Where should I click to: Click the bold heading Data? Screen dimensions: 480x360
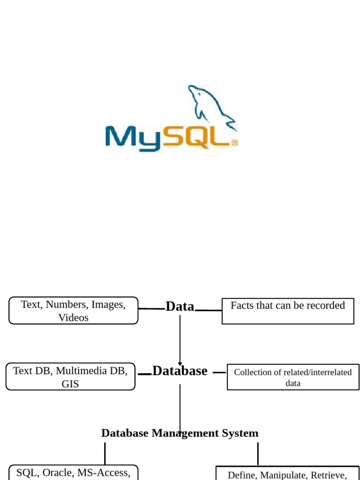point(180,307)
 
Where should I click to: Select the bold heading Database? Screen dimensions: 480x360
point(180,371)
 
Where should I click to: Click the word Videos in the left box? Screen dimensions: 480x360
point(73,317)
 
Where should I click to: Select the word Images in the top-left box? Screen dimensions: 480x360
point(108,304)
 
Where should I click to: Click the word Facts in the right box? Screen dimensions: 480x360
point(242,305)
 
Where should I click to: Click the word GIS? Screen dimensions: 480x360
point(70,384)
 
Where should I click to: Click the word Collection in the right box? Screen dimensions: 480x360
point(252,372)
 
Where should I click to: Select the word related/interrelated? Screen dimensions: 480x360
point(318,372)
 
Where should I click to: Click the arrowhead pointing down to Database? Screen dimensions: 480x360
point(180,363)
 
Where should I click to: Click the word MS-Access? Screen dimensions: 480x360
point(104,472)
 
